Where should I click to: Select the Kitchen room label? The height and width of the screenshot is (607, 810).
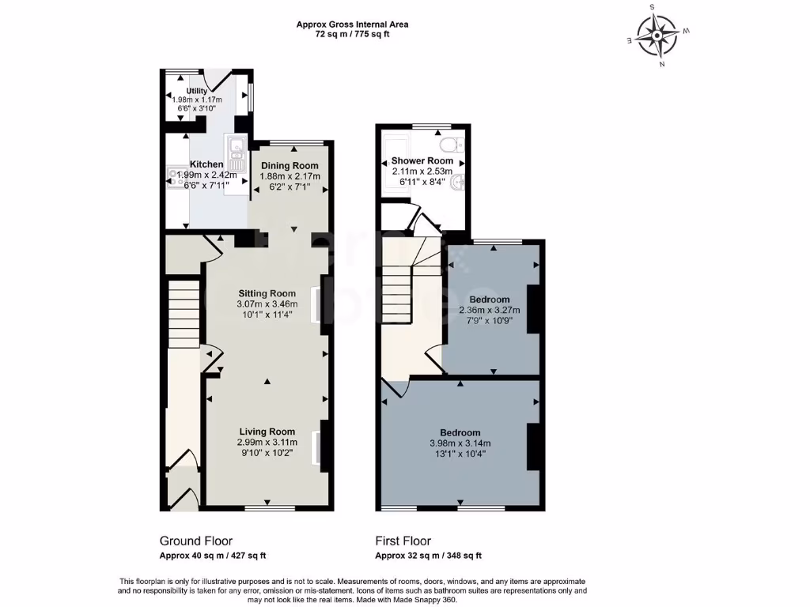tap(206, 164)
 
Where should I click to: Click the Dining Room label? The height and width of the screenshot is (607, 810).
tap(290, 164)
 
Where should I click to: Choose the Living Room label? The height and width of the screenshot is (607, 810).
tap(267, 432)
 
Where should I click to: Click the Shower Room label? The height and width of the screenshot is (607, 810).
tap(422, 160)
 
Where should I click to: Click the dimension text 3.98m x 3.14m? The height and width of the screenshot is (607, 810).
tap(460, 443)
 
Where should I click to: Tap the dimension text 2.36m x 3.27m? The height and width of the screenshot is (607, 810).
tap(489, 311)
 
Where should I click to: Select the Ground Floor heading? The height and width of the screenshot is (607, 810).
tap(196, 541)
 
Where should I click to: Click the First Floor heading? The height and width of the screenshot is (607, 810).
tap(403, 541)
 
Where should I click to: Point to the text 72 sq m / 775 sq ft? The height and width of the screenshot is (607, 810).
tap(352, 34)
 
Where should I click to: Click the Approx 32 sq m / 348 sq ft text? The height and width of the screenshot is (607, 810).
tap(428, 556)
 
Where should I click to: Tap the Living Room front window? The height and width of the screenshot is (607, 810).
tap(269, 507)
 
